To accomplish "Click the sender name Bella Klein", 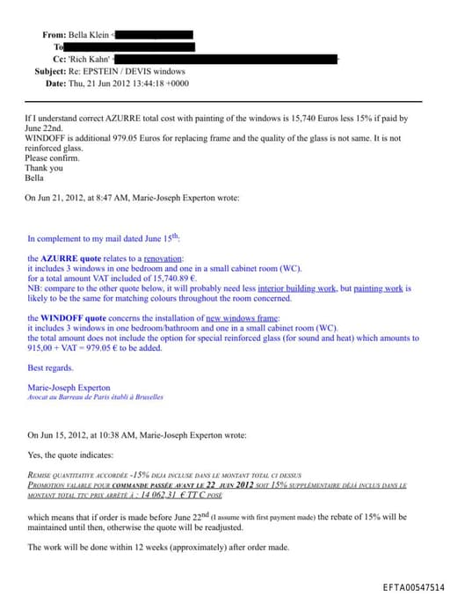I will (x=90, y=34).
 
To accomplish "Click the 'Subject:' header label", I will (x=55, y=71).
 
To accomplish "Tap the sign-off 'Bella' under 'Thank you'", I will (x=34, y=178).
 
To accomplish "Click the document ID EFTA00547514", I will (x=413, y=587).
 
